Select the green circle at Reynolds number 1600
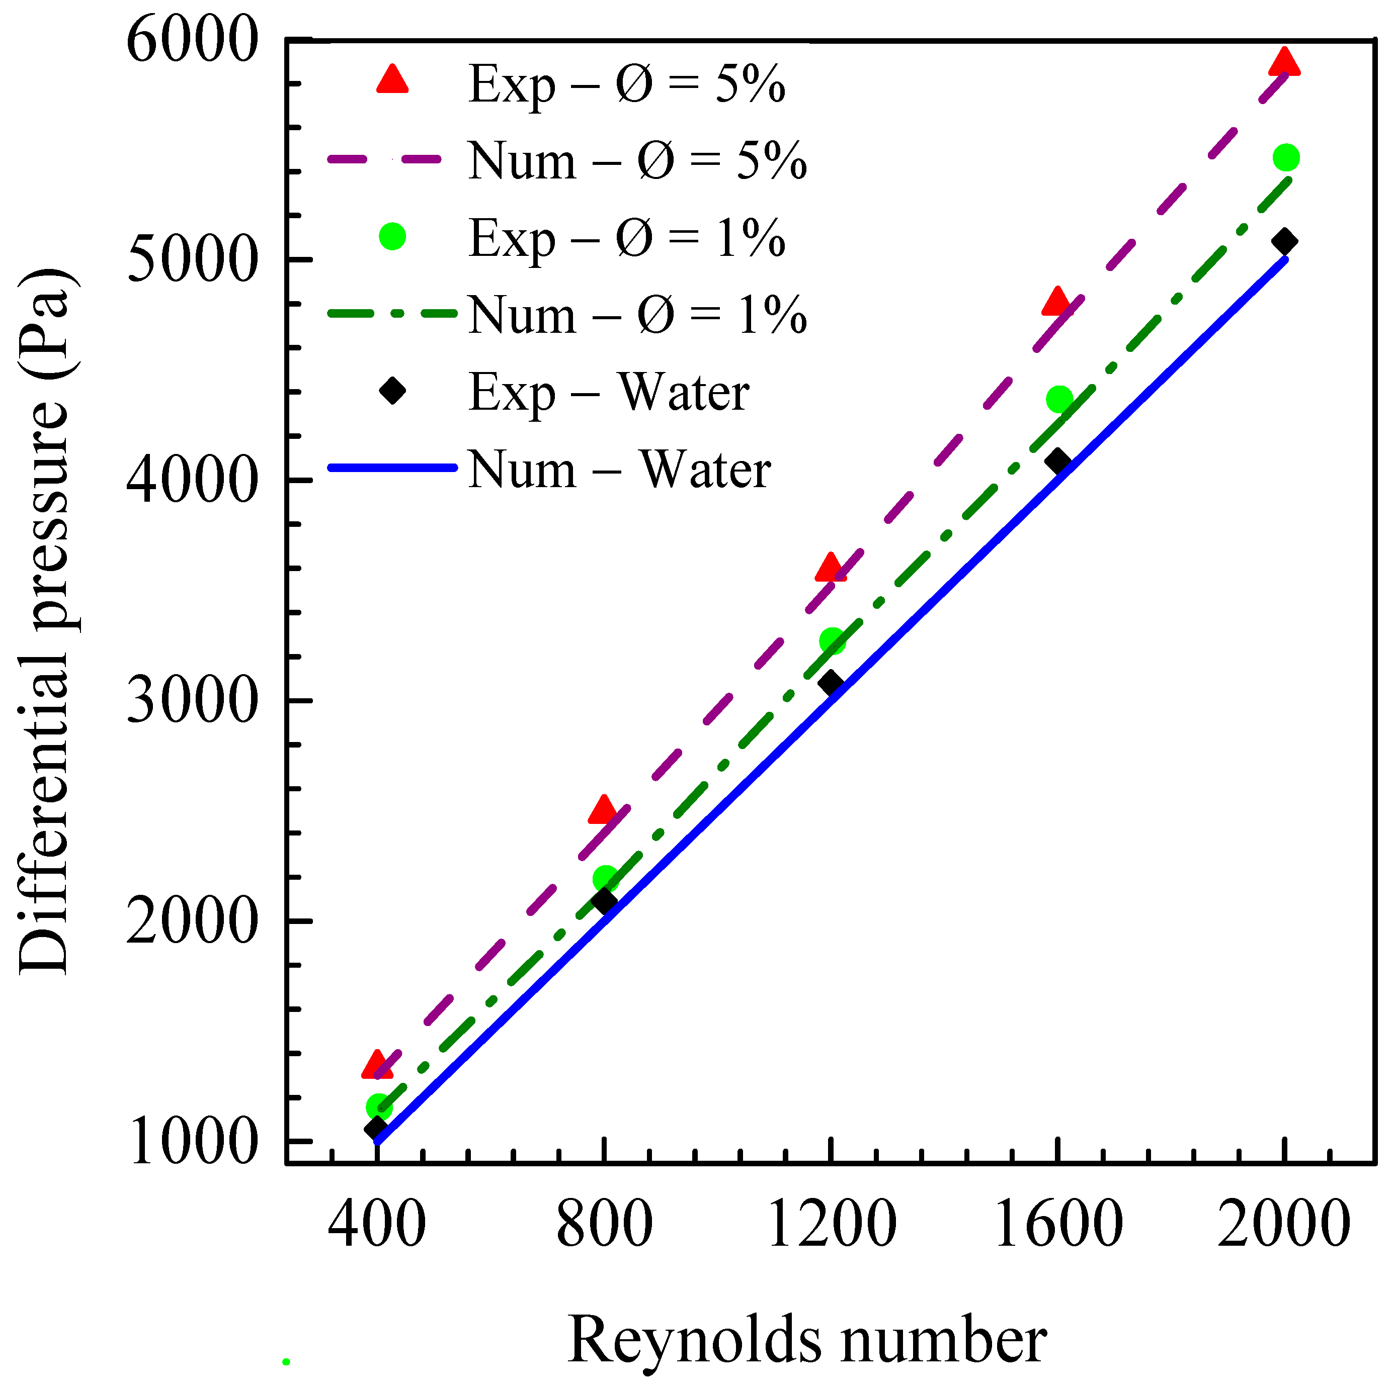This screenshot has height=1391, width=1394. [x=1058, y=399]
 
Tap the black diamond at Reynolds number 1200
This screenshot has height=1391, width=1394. [x=831, y=682]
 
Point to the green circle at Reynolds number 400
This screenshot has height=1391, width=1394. [x=377, y=1106]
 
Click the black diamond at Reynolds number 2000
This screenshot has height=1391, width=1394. [x=1284, y=241]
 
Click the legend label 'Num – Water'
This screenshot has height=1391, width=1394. [x=619, y=470]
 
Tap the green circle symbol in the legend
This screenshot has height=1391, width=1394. [x=392, y=236]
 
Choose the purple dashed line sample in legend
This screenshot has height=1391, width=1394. [x=392, y=159]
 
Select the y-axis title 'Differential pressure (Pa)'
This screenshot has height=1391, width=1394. [x=45, y=620]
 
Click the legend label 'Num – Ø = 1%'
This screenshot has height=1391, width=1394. [x=637, y=315]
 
